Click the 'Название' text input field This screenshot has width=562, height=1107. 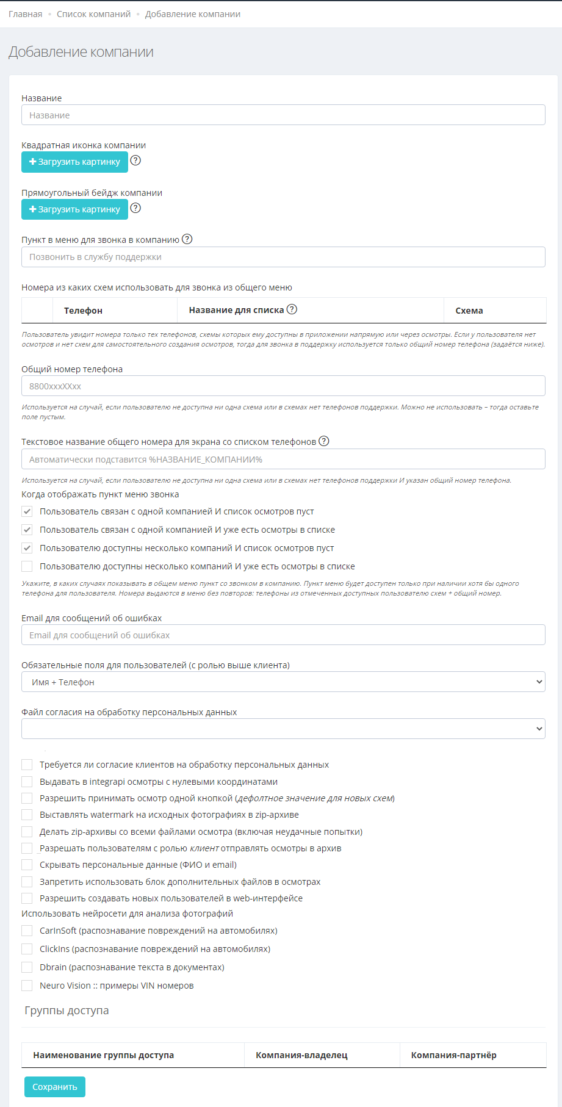coord(283,115)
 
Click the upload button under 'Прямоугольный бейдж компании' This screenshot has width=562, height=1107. coord(74,209)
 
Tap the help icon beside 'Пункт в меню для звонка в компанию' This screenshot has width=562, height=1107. coord(187,239)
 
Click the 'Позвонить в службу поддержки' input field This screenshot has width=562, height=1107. coord(283,257)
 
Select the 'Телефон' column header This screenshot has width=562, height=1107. coord(83,311)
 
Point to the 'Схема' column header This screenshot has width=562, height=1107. coord(469,311)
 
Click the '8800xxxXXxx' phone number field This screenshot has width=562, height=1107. coord(283,386)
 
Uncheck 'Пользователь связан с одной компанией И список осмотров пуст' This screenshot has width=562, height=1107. coord(27,511)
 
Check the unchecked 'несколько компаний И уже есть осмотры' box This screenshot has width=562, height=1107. coord(27,566)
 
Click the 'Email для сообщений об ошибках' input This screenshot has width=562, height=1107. coord(283,635)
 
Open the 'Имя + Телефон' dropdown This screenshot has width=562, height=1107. coord(283,682)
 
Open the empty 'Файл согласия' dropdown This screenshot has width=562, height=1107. coord(283,729)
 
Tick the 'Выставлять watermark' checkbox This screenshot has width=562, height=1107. coord(27,815)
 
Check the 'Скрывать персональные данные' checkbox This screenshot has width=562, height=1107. coord(27,865)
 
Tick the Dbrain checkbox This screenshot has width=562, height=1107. coord(27,967)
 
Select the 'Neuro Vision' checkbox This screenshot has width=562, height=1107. coord(27,986)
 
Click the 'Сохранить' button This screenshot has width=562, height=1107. coord(55,1087)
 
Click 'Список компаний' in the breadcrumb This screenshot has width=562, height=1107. coord(93,14)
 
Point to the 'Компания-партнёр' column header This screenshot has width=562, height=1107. coord(453,1055)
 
